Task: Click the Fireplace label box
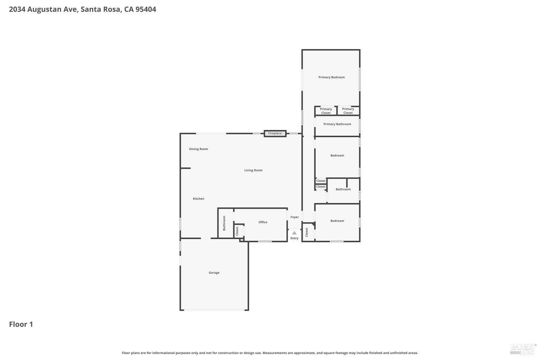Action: (x=275, y=134)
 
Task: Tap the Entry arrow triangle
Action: (x=294, y=233)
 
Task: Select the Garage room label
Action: (x=214, y=273)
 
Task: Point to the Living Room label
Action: (x=253, y=170)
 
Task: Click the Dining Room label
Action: (x=198, y=149)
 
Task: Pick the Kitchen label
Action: (x=198, y=199)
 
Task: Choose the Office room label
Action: (x=263, y=222)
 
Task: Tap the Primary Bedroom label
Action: (x=331, y=77)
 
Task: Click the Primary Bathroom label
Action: (x=337, y=124)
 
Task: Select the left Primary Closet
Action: (x=326, y=111)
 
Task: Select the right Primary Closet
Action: (x=348, y=111)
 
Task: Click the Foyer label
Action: (x=294, y=217)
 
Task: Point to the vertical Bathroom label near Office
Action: (x=224, y=223)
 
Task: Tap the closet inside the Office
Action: (x=237, y=231)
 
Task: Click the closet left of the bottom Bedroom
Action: (x=307, y=232)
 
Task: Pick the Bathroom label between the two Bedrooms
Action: (x=343, y=189)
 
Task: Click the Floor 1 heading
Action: (x=21, y=324)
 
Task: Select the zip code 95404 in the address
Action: (x=145, y=9)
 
